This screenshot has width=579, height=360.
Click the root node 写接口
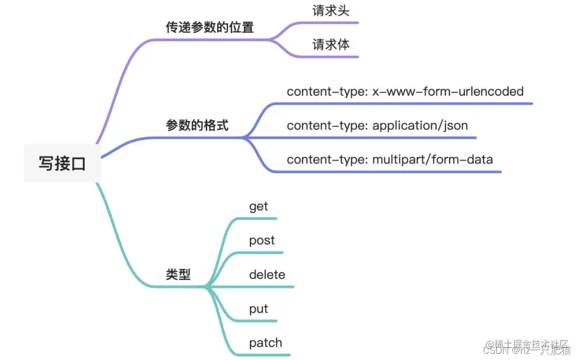tap(62, 164)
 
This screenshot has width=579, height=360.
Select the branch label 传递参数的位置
tap(209, 27)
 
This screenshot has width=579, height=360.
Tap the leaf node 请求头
tap(331, 11)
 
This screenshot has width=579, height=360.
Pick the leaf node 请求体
tap(331, 44)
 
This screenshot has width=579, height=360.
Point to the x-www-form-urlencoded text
tap(448, 92)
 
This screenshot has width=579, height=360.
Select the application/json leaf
tap(420, 126)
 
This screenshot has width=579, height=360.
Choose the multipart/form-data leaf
tap(432, 159)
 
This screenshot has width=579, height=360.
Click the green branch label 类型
tap(178, 275)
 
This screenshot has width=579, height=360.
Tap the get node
tap(258, 206)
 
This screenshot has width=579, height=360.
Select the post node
tap(262, 241)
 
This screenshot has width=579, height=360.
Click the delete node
tap(267, 275)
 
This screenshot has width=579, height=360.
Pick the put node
tap(258, 309)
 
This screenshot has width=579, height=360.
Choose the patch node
tap(266, 342)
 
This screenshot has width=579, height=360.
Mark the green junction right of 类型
tap(207, 287)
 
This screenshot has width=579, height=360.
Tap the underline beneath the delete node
tap(269, 287)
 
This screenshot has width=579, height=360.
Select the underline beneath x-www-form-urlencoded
tap(414, 103)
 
